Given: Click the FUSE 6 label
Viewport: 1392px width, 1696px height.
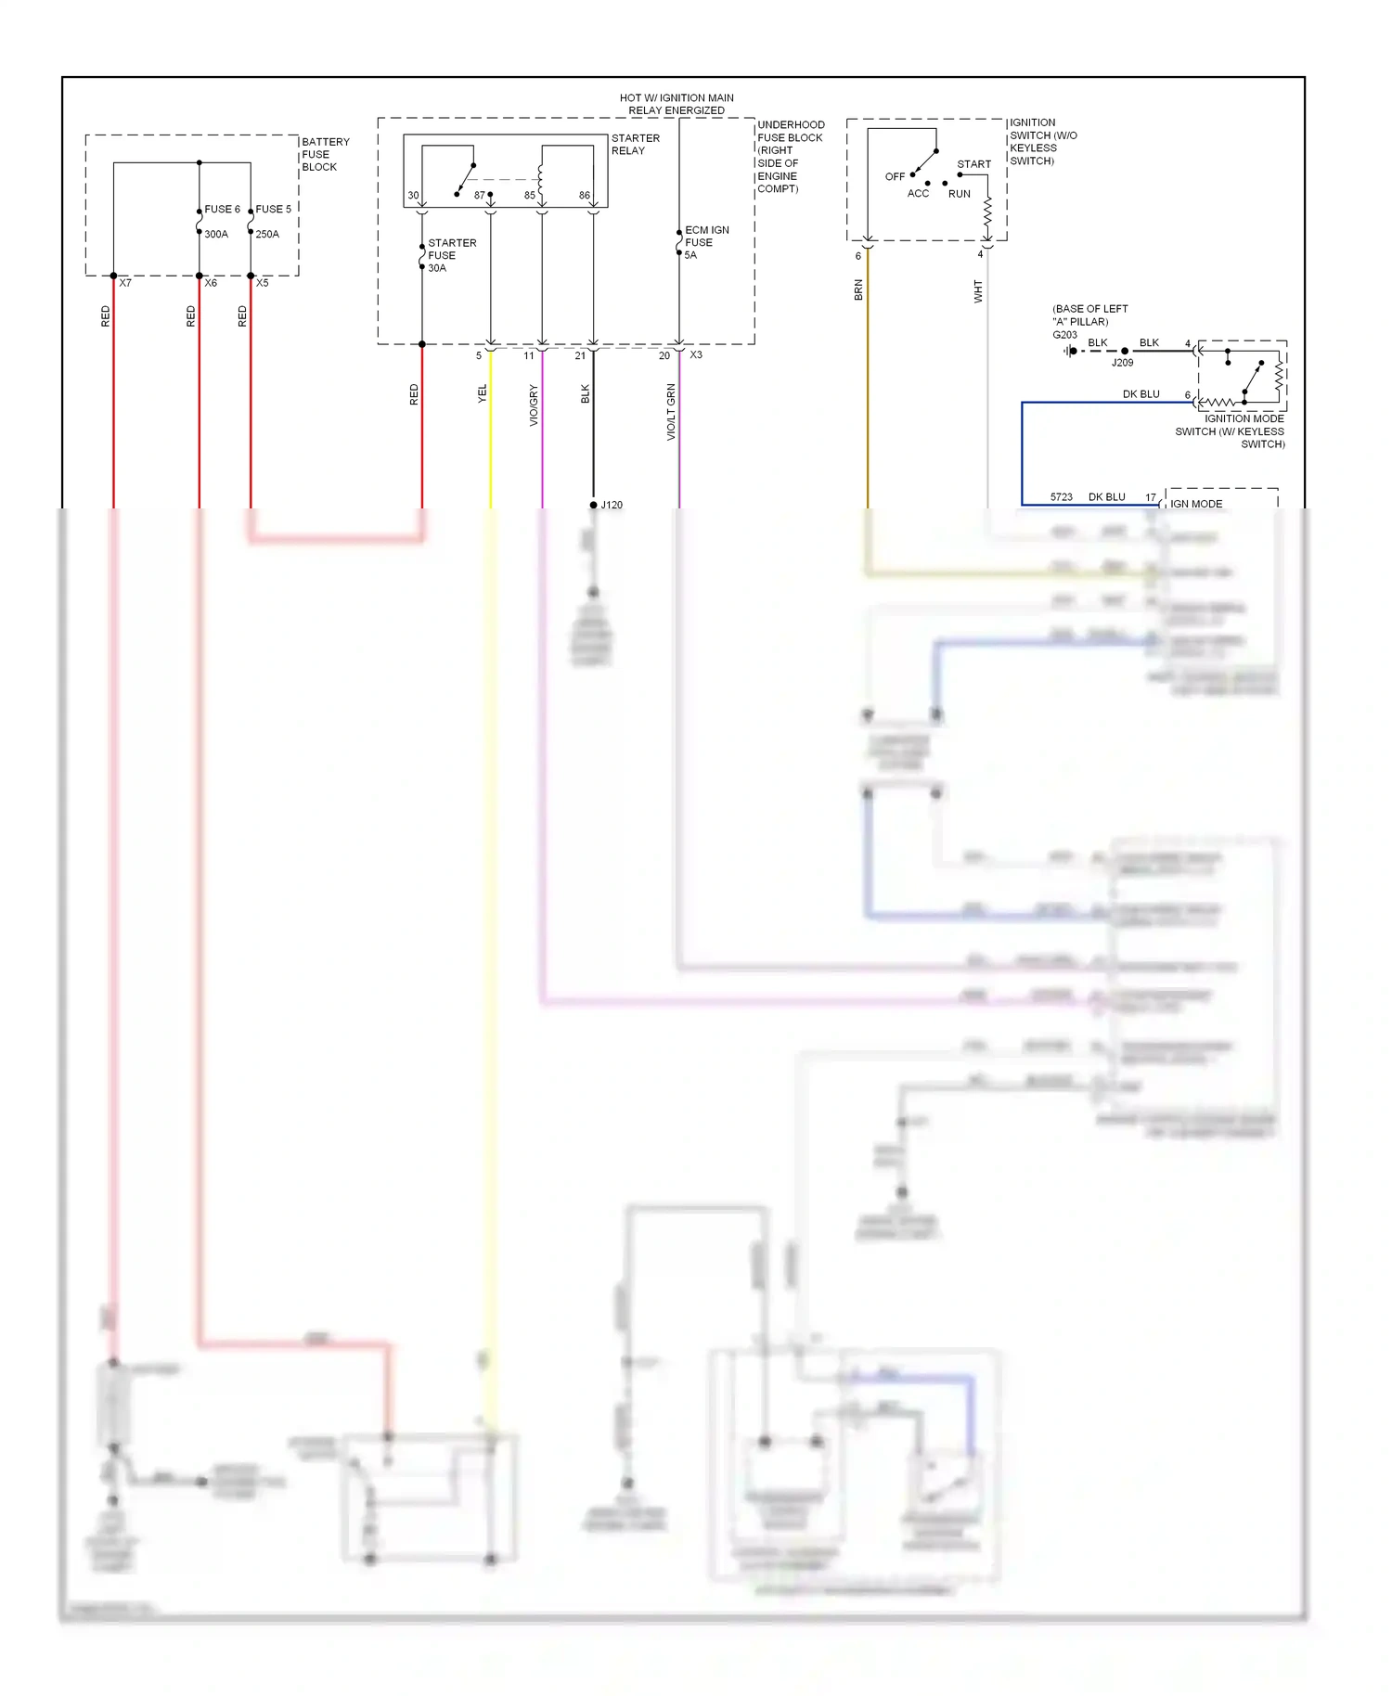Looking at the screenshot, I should coord(222,209).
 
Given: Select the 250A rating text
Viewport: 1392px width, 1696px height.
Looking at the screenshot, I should coord(267,234).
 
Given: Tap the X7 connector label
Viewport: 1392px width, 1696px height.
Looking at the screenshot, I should coord(125,283).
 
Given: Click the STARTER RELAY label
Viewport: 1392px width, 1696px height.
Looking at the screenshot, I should coord(635,144).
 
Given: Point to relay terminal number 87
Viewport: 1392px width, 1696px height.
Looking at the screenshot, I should coord(479,195).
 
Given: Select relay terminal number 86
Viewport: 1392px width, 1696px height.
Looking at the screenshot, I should coord(584,195).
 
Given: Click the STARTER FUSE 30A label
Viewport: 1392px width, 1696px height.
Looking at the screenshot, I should coord(451,255).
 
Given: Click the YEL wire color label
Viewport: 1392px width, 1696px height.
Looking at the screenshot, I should coord(482,393).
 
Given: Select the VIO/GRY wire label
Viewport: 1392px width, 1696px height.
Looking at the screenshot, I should coord(534,405).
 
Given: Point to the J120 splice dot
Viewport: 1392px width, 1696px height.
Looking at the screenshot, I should coord(594,505).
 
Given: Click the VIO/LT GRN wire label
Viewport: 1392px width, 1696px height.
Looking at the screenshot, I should coord(671,412).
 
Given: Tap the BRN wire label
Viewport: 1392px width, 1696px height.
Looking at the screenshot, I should coord(858,290).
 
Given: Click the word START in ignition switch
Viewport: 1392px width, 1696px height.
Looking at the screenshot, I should coord(973,164).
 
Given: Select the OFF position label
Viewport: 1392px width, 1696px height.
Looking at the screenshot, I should coord(895,176).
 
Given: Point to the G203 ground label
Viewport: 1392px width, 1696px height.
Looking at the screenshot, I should coord(1064,335).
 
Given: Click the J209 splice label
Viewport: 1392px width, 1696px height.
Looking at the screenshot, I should coord(1122,363).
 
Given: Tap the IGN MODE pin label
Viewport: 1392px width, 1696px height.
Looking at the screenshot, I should coord(1195,504).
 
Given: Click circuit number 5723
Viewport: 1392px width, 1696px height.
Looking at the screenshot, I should coord(1061,497).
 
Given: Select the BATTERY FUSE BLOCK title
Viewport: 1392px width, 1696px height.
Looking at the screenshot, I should coord(325,154).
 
